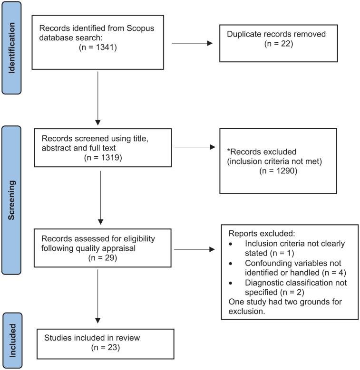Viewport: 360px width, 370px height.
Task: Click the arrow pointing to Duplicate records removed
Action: [192, 44]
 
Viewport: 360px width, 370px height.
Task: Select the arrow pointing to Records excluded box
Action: [195, 147]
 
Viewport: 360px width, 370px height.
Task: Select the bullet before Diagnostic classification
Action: [231, 283]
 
